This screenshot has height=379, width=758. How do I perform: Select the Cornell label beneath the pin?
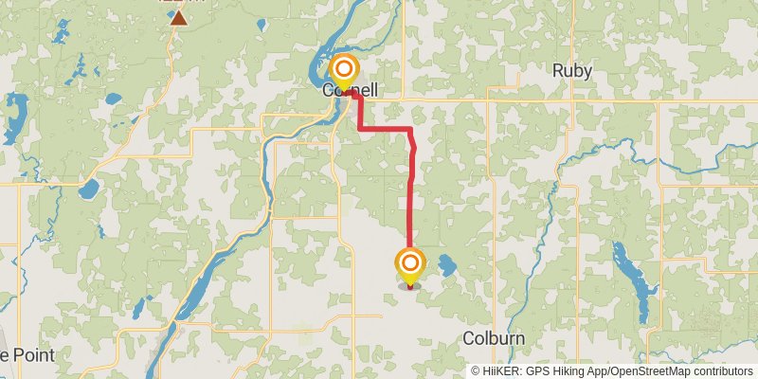coord(351,91)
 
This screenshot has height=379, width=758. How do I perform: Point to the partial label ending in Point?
coord(27,354)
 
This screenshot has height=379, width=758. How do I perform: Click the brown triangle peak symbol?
coord(177,16)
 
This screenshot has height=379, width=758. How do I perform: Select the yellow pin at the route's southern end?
coord(410,264)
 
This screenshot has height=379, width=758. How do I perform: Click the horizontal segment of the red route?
coord(385,128)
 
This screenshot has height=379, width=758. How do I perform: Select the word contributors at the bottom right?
coord(720,371)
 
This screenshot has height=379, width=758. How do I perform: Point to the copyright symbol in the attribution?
coord(475,371)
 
